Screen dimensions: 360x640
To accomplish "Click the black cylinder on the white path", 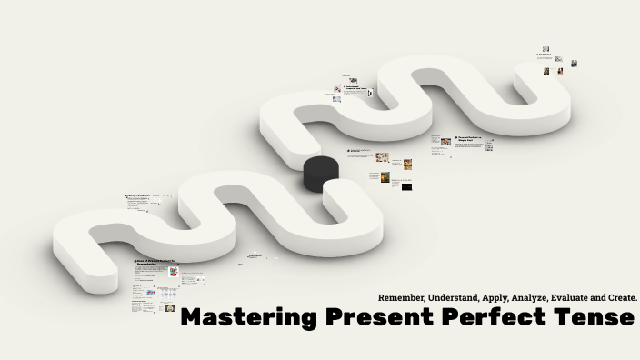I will coord(320,171).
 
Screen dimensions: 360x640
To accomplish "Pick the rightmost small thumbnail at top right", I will coord(574,63).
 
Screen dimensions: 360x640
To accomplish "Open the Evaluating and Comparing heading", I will coord(356,88).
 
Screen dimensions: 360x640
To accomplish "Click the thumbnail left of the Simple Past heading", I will coord(446,141).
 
